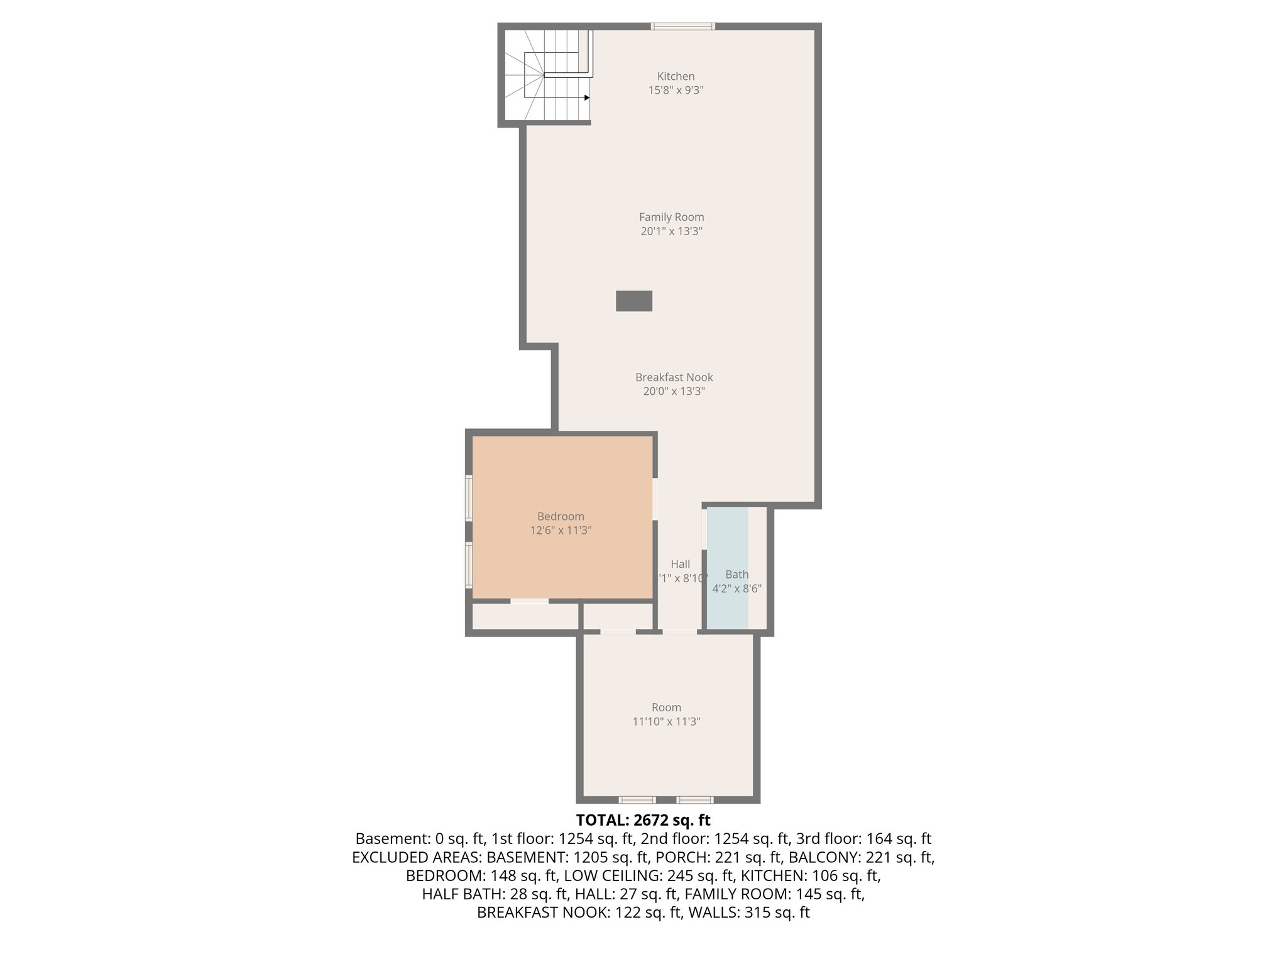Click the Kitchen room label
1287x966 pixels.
coord(676,76)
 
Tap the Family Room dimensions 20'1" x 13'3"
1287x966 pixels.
coord(671,231)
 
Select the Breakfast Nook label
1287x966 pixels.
coord(674,377)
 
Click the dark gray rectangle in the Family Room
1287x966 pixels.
coord(633,301)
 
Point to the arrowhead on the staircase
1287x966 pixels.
coord(586,97)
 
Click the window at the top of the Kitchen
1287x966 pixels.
coord(682,26)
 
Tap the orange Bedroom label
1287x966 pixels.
coord(561,516)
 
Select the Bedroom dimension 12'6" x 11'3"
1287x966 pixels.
coord(561,530)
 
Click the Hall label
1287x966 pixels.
coord(680,564)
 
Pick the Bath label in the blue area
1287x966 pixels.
coord(737,574)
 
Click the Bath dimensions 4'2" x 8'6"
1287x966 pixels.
coord(737,589)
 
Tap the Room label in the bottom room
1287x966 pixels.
coord(666,707)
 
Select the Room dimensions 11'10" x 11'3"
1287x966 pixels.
coord(666,721)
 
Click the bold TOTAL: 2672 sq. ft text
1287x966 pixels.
coord(643,820)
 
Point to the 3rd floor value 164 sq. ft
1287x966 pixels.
coord(899,838)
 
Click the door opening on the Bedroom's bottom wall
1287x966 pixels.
coord(529,601)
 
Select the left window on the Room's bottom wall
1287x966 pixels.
coord(637,800)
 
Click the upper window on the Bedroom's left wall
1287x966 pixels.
coord(469,497)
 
